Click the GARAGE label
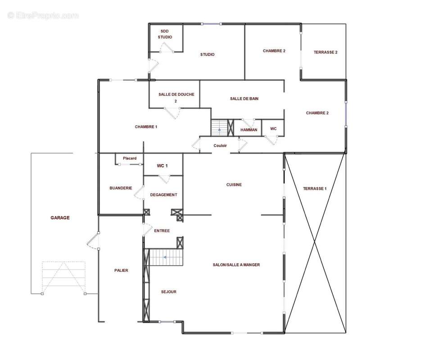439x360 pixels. point(60,218)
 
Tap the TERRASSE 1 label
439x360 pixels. point(315,189)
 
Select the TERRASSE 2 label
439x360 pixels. point(326,52)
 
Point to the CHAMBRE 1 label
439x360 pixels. point(146,127)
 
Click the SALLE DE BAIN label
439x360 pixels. point(244,99)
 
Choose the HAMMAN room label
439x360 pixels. point(249,130)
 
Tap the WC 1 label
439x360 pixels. point(162,166)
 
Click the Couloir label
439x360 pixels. point(220,145)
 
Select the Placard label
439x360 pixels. point(130,158)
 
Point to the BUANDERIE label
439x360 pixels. point(121,188)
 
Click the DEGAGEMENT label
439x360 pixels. point(163,195)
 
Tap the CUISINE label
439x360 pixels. point(234,184)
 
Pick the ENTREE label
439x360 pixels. point(162,231)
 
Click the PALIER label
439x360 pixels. point(121,270)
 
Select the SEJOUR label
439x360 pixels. point(168,292)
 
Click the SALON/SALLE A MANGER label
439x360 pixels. point(236,265)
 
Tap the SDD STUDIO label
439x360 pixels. point(165,34)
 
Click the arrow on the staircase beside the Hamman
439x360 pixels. point(220,130)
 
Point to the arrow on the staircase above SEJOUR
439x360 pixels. point(165,257)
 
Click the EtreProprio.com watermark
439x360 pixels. point(43,15)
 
